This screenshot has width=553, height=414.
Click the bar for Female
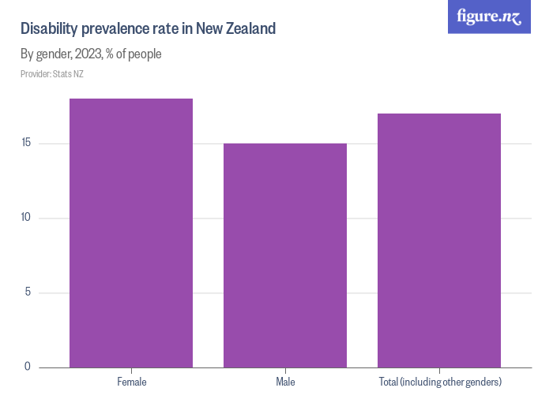tap(131, 233)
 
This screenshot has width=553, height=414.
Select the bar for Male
tap(285, 255)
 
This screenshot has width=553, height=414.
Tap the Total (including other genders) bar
tap(439, 241)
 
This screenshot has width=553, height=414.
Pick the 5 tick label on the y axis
tap(28, 293)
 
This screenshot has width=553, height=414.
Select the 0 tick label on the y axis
tap(28, 366)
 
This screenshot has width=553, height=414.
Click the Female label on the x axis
tap(131, 382)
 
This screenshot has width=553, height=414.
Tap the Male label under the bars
tap(285, 382)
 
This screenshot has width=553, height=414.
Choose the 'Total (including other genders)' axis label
tap(439, 382)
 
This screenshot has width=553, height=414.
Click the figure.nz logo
tap(489, 17)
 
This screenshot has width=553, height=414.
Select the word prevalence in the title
tap(115, 30)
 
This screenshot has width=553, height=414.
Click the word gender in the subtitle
tap(53, 54)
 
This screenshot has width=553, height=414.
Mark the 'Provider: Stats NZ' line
tap(52, 74)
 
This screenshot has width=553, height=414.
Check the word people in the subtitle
tap(146, 54)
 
